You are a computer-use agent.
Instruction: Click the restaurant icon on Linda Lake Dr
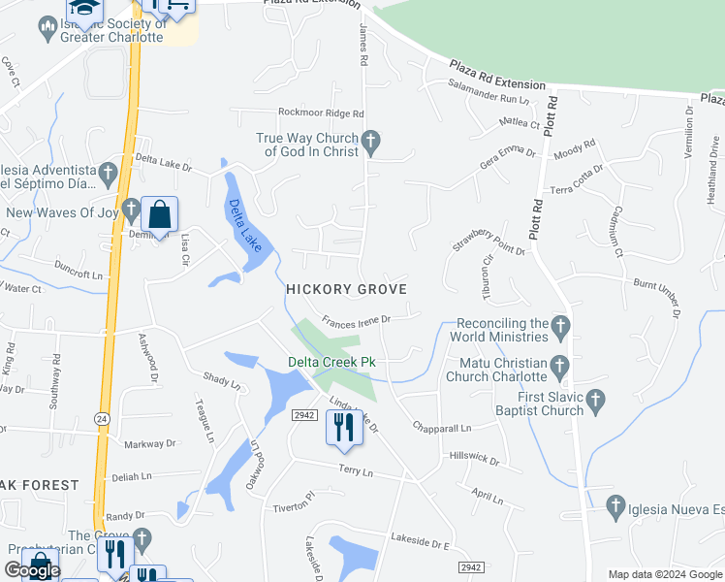click(342, 427)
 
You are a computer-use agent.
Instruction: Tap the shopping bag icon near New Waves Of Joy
click(159, 214)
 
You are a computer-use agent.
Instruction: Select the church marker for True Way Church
click(369, 145)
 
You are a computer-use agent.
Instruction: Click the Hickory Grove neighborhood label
click(345, 289)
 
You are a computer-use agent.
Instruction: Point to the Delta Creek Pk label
click(331, 363)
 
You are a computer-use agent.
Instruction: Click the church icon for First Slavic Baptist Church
click(596, 400)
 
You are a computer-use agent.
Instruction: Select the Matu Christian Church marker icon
click(558, 366)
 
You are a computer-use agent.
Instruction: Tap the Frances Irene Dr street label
click(356, 319)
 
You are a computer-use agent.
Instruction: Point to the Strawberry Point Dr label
click(488, 241)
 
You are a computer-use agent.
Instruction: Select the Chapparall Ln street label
click(441, 427)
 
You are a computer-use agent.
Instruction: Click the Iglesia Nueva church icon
click(614, 504)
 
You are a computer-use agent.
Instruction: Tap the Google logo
click(32, 570)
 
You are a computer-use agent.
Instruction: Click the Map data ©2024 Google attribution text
click(664, 574)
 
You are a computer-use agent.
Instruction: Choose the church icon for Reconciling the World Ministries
click(561, 328)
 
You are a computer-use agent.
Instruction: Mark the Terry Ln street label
click(356, 471)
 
